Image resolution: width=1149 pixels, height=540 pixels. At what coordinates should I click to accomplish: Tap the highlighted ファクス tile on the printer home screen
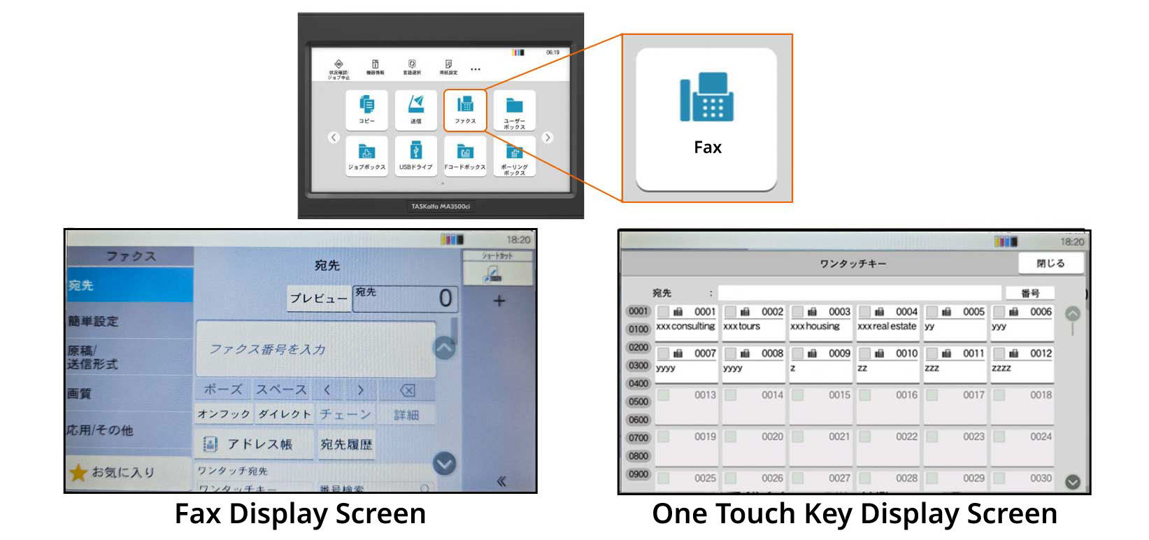(x=465, y=109)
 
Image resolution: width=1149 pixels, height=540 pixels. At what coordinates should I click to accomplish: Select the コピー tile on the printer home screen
(x=366, y=109)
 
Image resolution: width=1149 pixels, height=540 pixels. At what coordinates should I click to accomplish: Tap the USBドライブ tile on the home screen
(x=415, y=155)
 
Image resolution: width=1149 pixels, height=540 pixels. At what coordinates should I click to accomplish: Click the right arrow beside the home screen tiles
(x=548, y=138)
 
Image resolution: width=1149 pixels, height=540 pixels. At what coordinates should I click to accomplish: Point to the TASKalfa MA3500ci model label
(x=441, y=206)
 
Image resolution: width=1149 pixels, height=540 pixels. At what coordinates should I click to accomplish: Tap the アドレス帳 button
(x=255, y=444)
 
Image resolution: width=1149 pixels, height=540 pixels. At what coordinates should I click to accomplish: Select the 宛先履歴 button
(x=346, y=444)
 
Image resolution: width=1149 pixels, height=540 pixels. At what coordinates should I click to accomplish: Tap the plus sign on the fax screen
(x=499, y=301)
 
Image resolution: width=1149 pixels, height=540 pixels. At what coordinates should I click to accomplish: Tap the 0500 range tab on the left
(x=638, y=402)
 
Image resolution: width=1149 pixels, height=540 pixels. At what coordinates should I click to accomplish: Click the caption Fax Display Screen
(x=300, y=514)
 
